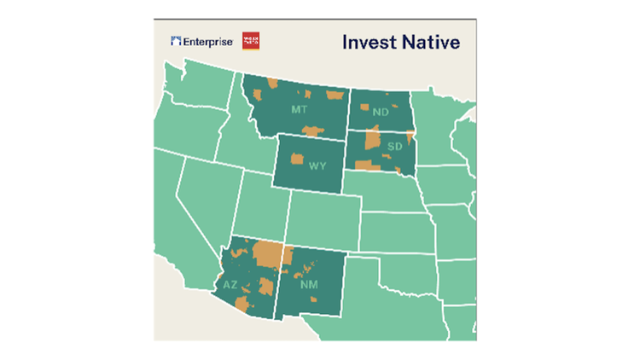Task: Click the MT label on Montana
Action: [x=299, y=111]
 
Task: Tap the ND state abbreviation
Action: [x=381, y=112]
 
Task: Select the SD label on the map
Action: [x=394, y=147]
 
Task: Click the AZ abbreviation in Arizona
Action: [x=231, y=285]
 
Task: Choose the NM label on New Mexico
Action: [x=308, y=285]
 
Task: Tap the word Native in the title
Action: [x=433, y=42]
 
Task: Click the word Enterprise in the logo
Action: [x=207, y=41]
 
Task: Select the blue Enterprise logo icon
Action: [x=176, y=41]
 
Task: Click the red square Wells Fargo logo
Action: [x=251, y=41]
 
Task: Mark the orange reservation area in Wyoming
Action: [x=298, y=159]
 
